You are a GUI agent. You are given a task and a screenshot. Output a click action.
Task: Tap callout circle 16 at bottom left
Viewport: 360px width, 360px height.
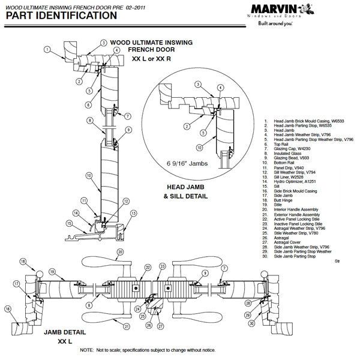tap(8, 309)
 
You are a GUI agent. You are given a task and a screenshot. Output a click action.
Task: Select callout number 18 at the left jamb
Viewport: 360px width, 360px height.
tap(23, 262)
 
